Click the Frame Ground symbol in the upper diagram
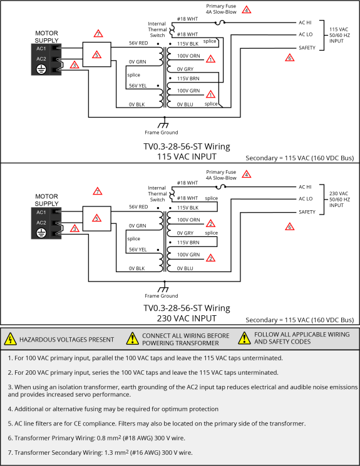163,125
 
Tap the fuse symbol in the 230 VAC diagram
220,186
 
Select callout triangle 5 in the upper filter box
96,54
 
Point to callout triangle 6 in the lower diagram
289,227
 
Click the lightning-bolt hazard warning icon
11,339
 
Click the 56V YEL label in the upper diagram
138,86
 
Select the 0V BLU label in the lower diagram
185,268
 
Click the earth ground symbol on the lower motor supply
41,233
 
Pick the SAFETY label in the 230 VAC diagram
307,212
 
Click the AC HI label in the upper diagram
306,23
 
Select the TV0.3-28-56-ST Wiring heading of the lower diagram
187,308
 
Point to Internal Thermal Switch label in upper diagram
157,29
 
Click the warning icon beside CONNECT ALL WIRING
132,339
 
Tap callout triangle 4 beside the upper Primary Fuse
246,10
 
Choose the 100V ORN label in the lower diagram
188,220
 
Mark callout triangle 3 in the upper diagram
75,64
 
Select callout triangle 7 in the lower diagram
97,191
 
